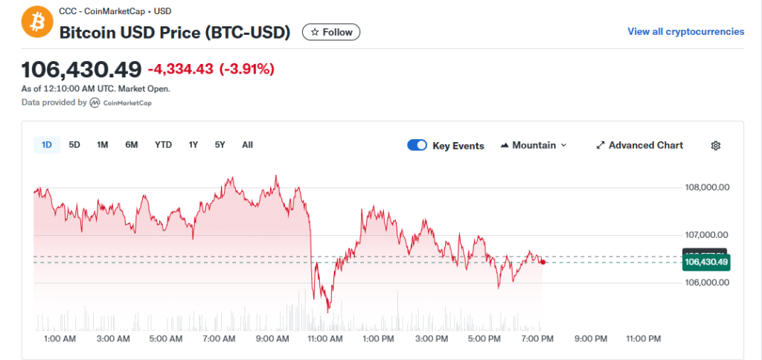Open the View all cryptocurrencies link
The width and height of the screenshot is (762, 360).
[685, 31]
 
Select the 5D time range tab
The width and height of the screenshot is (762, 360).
[74, 145]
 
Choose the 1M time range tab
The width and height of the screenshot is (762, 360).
[103, 145]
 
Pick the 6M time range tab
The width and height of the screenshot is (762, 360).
[132, 145]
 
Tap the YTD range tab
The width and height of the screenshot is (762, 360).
[163, 145]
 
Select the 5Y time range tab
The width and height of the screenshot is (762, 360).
[220, 145]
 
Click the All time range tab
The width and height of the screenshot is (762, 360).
[247, 145]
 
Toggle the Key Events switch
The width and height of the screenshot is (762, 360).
[417, 145]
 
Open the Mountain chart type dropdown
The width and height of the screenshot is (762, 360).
[534, 145]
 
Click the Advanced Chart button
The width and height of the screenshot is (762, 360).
[639, 145]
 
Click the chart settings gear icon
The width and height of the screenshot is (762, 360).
[716, 146]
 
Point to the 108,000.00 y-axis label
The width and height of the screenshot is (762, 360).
[706, 187]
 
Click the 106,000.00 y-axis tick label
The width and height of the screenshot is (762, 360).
[706, 283]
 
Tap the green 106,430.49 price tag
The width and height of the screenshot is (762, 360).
[706, 262]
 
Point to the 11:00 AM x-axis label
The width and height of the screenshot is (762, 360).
[325, 339]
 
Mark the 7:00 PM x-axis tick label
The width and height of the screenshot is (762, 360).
[537, 339]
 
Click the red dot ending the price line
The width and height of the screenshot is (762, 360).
[543, 262]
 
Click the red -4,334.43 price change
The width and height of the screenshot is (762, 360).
[180, 69]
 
